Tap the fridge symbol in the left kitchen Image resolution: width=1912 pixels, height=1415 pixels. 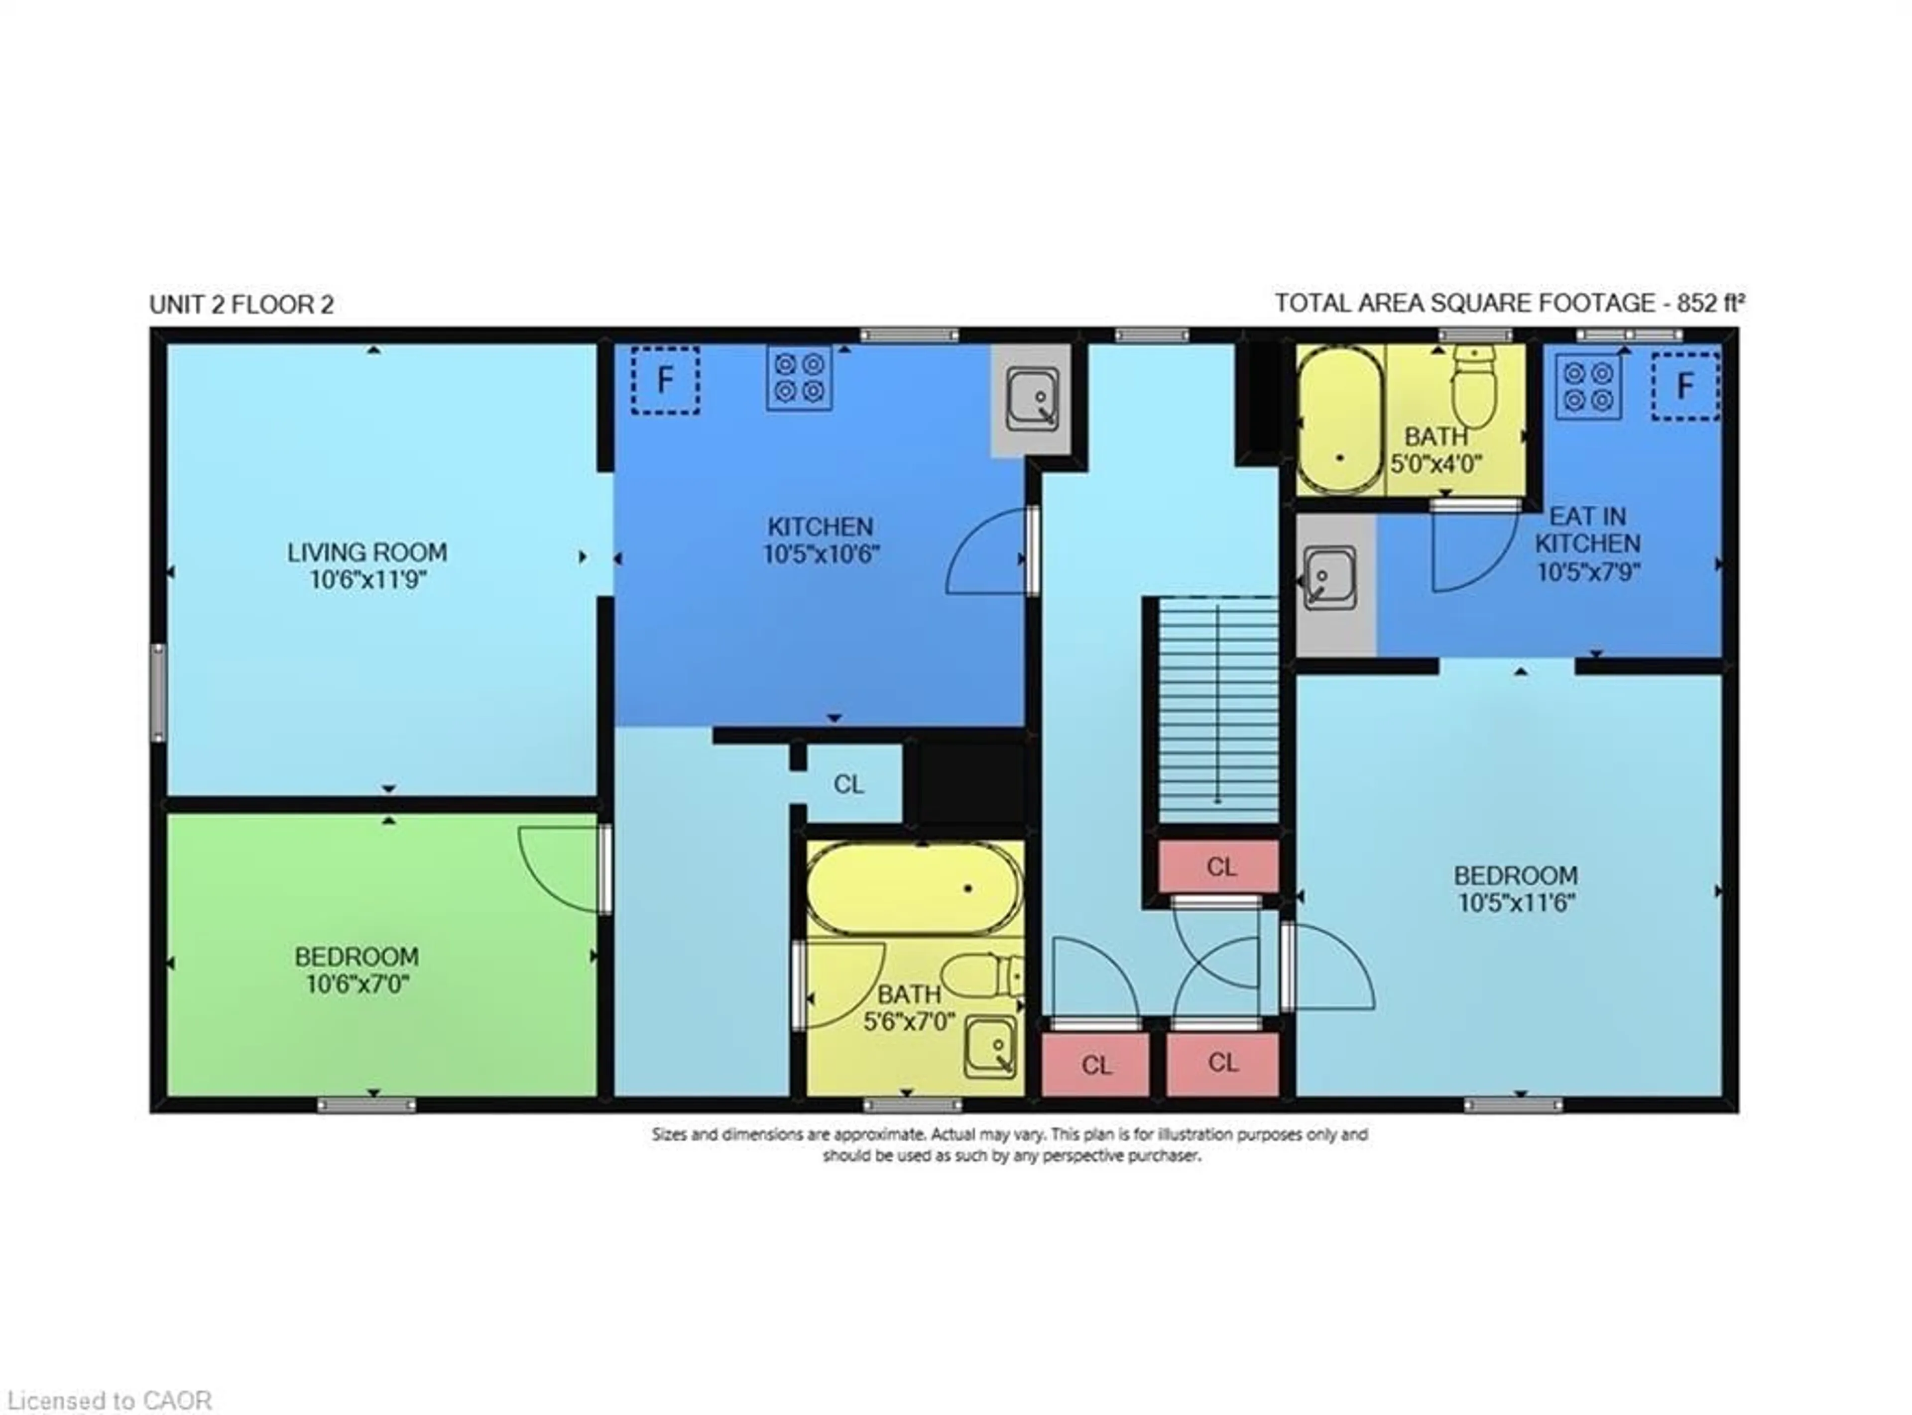[665, 380]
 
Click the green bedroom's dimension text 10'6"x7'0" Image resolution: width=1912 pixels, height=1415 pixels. [357, 984]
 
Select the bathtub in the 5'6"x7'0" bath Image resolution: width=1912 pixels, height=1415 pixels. [914, 889]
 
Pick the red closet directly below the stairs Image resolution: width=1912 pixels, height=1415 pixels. [1220, 867]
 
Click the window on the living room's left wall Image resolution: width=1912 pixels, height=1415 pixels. [158, 692]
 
